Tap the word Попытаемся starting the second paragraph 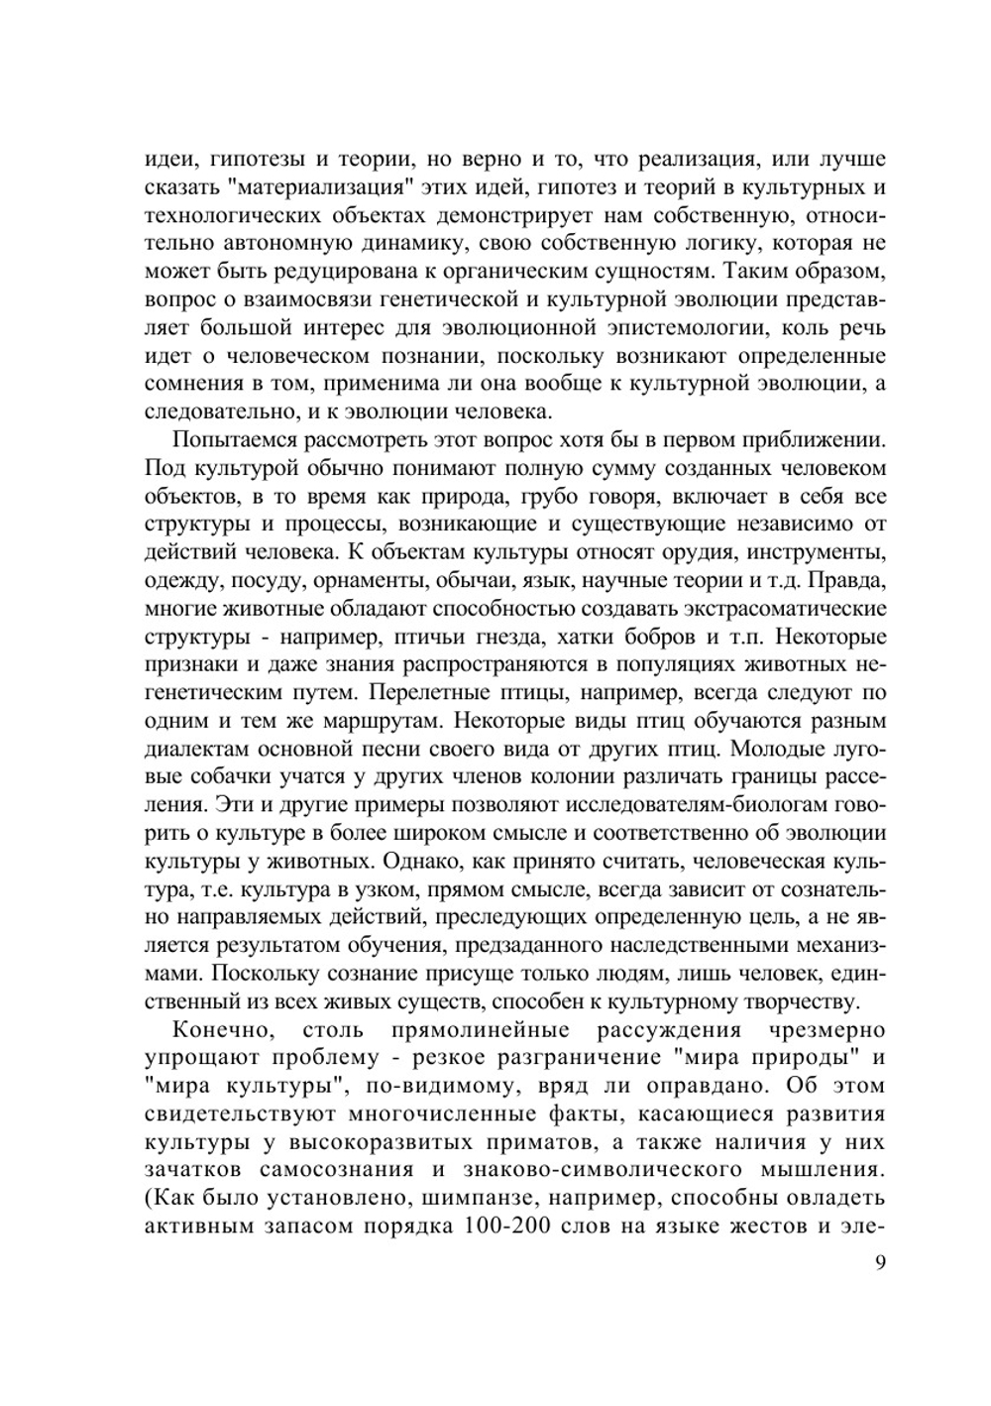click(230, 440)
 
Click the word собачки click(217, 774)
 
